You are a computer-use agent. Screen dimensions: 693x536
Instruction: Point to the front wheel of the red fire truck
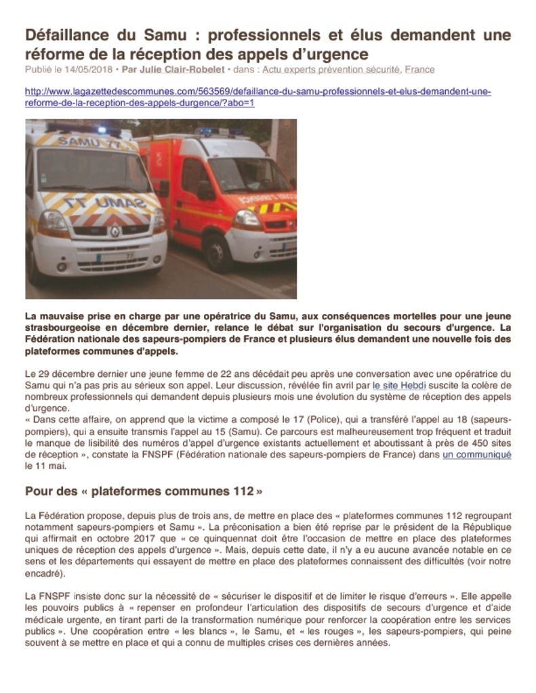[x=218, y=252]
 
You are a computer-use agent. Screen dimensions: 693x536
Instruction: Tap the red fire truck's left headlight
[x=247, y=218]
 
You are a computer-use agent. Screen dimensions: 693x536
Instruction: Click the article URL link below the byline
[x=257, y=97]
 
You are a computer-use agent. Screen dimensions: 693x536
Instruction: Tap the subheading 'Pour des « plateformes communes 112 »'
[x=144, y=491]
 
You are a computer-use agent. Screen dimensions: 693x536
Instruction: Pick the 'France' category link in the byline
[x=419, y=70]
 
